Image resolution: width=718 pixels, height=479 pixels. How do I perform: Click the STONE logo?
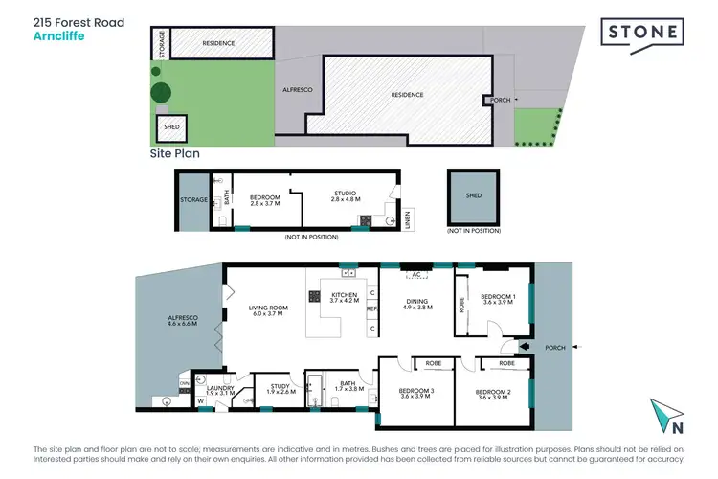click(x=643, y=33)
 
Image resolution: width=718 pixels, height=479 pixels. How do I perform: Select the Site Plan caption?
click(x=173, y=152)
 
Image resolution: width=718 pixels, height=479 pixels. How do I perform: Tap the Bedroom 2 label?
click(x=496, y=392)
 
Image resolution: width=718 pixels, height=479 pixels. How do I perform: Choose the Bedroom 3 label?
click(x=417, y=392)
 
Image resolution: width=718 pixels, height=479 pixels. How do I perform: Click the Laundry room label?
click(x=220, y=388)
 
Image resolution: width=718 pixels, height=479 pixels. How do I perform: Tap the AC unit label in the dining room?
click(x=415, y=274)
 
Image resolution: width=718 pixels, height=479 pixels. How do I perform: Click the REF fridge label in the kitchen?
click(x=371, y=308)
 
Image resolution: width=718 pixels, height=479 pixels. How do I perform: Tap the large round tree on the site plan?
click(x=162, y=93)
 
